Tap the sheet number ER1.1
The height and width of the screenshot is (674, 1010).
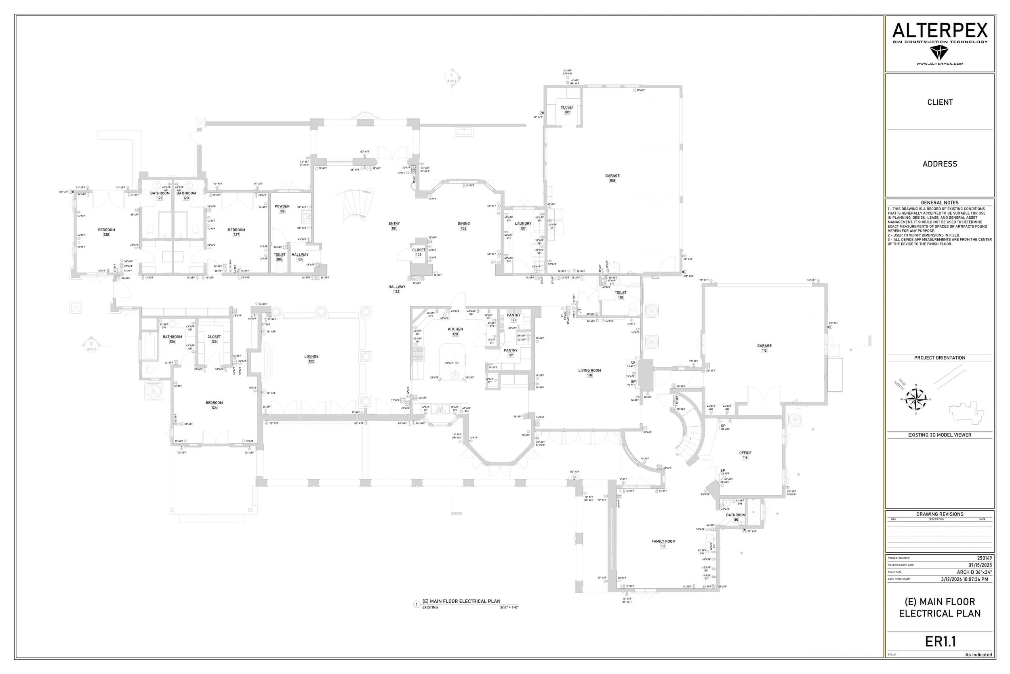(940, 641)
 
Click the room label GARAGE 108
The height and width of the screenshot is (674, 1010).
(612, 178)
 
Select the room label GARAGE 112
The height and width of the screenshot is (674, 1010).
(764, 348)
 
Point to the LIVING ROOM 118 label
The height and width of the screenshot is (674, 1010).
(589, 372)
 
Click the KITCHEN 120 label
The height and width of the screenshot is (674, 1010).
(455, 331)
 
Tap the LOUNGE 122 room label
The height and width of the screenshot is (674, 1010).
(311, 359)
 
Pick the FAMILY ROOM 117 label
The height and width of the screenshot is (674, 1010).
(663, 543)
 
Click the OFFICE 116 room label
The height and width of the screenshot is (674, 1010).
(745, 455)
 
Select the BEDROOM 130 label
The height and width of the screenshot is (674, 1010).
(107, 232)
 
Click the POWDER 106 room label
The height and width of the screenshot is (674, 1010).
(282, 209)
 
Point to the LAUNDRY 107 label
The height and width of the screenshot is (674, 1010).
(523, 226)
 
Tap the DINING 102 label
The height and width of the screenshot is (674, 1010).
(463, 226)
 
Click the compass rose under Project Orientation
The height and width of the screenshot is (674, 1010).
(915, 399)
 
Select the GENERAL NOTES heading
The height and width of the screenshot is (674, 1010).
(939, 203)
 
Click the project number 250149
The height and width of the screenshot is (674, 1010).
(984, 558)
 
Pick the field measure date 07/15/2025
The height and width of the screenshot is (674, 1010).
(980, 565)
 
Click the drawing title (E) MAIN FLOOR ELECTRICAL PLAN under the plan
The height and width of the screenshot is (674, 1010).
(461, 601)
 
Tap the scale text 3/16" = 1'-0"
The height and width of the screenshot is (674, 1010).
(509, 607)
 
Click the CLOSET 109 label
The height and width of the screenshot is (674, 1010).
(567, 110)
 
